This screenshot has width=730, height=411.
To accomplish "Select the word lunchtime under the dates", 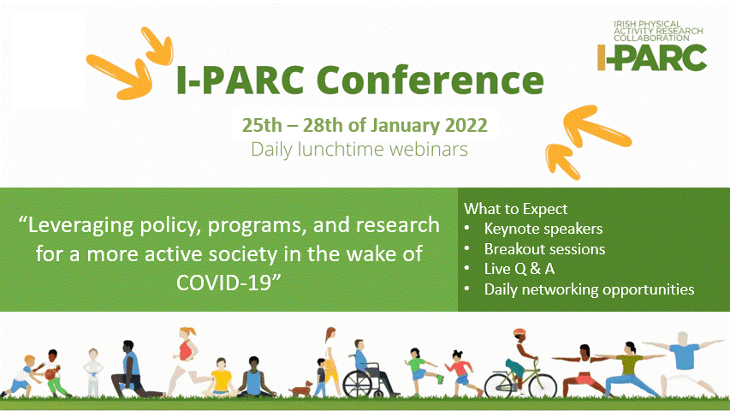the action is [x=341, y=150].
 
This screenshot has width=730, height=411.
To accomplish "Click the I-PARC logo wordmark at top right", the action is [x=652, y=57].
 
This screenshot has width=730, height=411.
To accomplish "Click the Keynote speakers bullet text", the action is [x=543, y=229].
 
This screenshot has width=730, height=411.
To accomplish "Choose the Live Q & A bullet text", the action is [x=519, y=269].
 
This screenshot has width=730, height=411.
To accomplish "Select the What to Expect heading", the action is [x=516, y=209].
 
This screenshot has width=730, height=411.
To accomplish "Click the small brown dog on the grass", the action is [x=302, y=388].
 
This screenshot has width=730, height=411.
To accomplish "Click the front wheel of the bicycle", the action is [x=542, y=386].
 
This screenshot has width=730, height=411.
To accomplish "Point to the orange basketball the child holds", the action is [x=50, y=373].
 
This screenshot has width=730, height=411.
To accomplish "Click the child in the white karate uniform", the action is [x=93, y=372].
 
